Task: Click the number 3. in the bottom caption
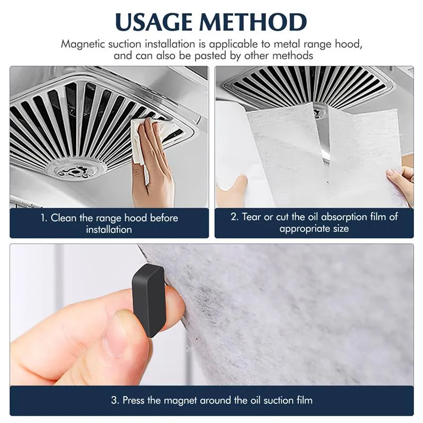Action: point(115,400)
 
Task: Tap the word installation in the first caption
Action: point(109,230)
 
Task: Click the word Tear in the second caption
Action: point(252,217)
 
